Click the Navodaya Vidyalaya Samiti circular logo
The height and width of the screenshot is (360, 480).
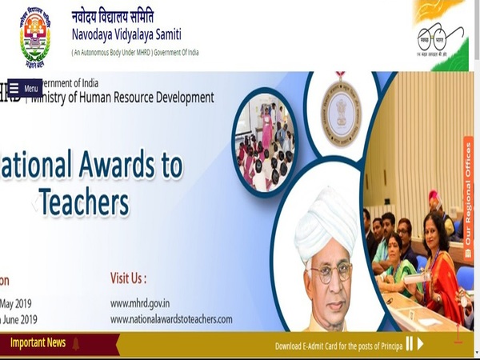(x=34, y=34)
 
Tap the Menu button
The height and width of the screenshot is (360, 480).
(x=25, y=88)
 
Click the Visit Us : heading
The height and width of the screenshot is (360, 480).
(x=128, y=278)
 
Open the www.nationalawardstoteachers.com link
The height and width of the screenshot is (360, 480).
(x=171, y=319)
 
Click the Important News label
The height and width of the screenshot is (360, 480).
(x=38, y=343)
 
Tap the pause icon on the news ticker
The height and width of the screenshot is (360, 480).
(x=410, y=344)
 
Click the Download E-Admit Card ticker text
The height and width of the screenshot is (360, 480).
(x=337, y=346)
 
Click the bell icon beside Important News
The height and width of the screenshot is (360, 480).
(x=77, y=344)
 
